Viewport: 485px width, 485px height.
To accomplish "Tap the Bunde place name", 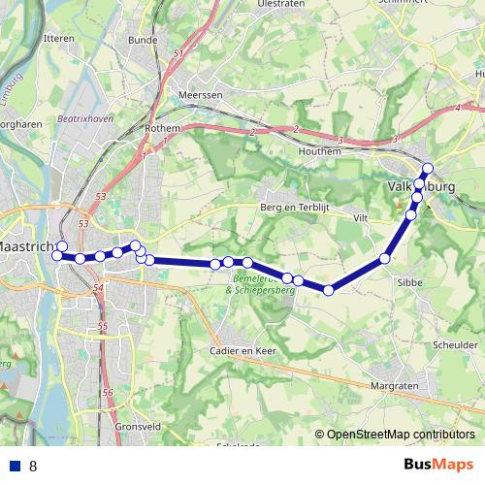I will [x=142, y=40].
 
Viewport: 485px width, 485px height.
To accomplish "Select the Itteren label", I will [x=59, y=38].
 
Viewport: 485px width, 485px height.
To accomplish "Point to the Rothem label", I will [x=162, y=128].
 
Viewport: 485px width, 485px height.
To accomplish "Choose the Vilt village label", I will [x=363, y=219].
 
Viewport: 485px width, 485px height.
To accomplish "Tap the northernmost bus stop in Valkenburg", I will [x=428, y=168].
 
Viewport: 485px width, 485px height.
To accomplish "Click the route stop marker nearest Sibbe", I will [x=385, y=258].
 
